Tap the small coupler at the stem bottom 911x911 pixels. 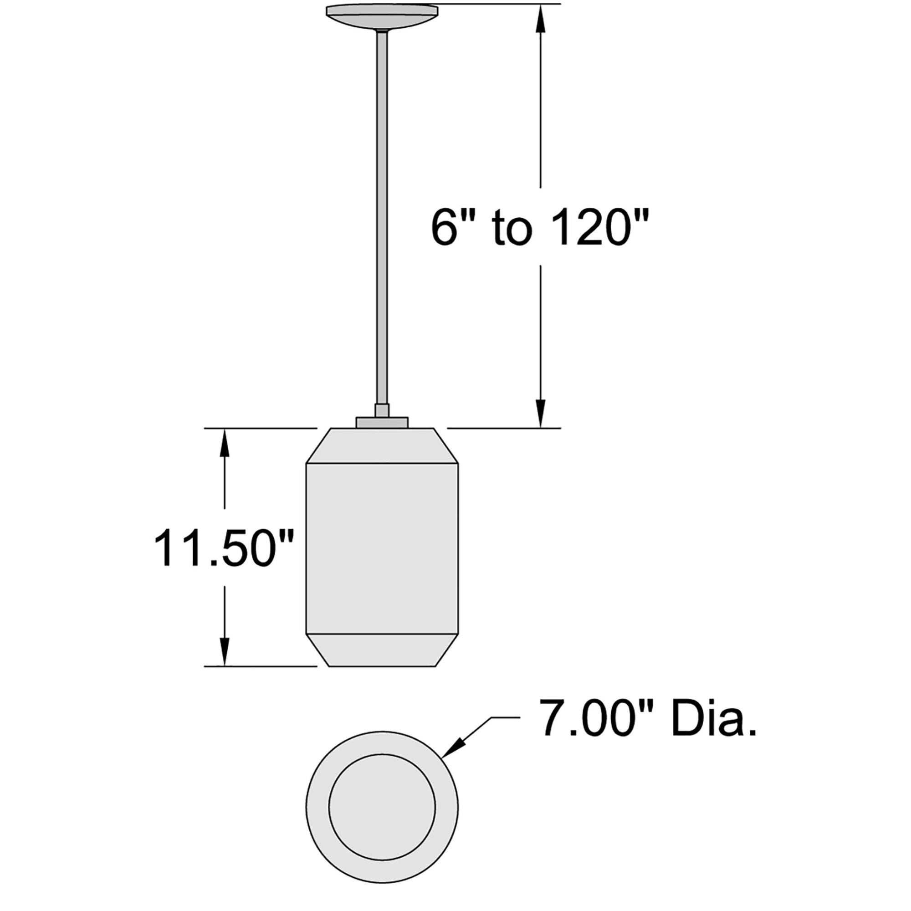382,410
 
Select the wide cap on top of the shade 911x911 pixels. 382,422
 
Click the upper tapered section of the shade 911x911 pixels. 382,445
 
